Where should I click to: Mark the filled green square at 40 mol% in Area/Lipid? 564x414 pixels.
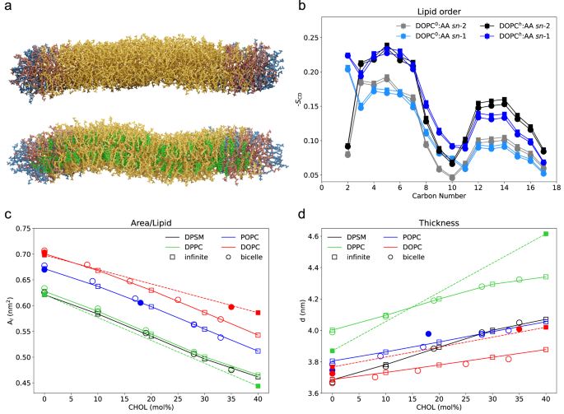coord(259,385)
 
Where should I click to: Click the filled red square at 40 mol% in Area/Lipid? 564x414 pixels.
coord(259,313)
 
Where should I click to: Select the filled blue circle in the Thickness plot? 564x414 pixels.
coord(428,333)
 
